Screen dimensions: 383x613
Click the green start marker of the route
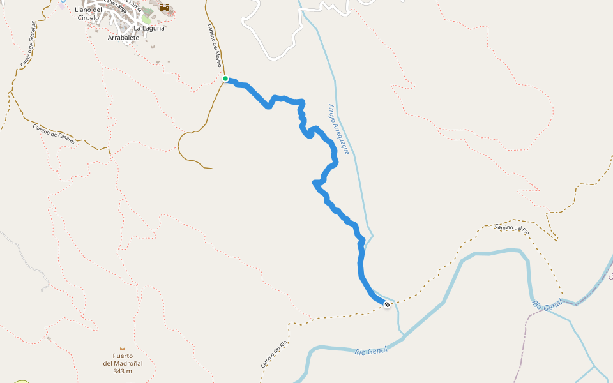coord(225,79)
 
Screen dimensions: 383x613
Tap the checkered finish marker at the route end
coord(387,305)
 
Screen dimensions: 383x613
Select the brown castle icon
coord(166,8)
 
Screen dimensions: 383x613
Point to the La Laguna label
coord(149,28)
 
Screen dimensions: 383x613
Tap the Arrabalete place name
coord(124,38)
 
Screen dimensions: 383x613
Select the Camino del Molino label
coord(215,46)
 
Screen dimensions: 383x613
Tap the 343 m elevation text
coord(122,371)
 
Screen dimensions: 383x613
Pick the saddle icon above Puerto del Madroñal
coord(122,349)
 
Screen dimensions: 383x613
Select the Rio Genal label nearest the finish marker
coord(371,350)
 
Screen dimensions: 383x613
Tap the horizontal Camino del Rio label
coord(512,227)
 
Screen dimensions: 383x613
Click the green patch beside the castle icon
coord(146,19)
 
